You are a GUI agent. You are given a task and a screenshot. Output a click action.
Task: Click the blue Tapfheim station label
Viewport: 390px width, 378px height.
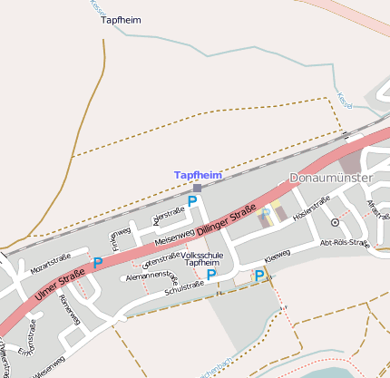coord(198,174)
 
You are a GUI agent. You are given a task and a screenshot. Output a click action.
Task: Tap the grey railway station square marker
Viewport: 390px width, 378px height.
coord(197,188)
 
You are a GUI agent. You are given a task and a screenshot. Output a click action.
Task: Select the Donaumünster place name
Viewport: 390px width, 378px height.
coord(330,178)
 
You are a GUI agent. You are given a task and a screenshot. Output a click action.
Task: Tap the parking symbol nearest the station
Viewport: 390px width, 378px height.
coord(192,201)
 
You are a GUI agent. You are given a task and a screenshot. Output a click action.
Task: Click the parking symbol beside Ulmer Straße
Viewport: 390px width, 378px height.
coord(97,263)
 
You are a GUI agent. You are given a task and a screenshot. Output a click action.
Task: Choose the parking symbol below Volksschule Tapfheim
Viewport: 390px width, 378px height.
coord(211,275)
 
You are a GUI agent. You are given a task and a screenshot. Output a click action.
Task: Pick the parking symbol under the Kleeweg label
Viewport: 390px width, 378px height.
coord(259,275)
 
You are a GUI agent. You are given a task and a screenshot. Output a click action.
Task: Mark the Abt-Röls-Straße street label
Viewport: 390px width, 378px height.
coord(346,243)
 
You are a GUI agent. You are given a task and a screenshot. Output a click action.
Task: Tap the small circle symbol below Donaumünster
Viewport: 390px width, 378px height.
coord(335,222)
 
